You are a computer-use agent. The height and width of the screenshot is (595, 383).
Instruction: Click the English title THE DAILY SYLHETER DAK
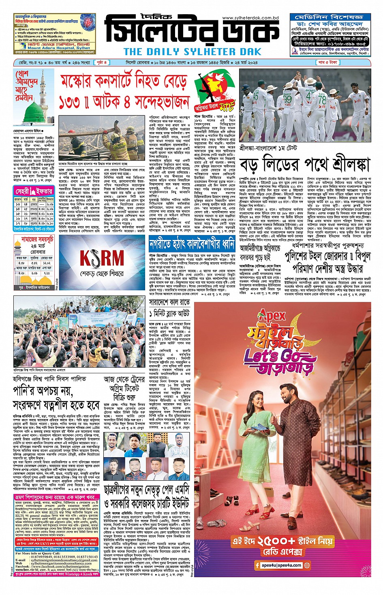click(x=192, y=51)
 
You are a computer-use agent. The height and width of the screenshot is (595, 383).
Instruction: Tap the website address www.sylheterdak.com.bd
click(x=250, y=18)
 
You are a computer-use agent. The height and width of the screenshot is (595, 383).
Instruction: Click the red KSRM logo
click(x=102, y=258)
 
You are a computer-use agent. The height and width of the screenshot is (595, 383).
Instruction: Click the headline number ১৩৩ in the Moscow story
click(x=70, y=103)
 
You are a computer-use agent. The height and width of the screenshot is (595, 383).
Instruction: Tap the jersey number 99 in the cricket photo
click(x=287, y=98)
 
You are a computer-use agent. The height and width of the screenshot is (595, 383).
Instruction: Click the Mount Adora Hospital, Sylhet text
click(x=59, y=47)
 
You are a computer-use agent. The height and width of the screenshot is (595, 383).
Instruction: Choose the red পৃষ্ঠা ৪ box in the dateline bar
click(x=102, y=62)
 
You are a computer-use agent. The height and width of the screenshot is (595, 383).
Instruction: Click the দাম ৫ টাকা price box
click(x=328, y=62)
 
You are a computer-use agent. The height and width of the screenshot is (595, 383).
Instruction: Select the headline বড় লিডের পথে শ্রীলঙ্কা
click(x=305, y=165)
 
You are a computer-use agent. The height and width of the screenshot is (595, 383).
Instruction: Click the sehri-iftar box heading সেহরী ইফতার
click(x=34, y=191)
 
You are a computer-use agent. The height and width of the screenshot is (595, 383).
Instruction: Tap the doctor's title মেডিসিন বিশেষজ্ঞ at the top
click(x=329, y=17)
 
